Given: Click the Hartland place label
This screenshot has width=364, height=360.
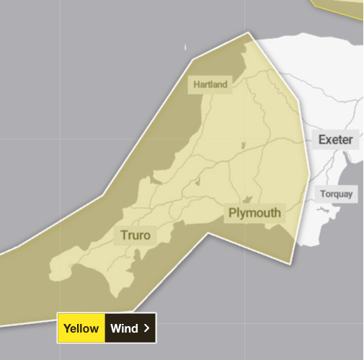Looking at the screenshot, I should point(210,84).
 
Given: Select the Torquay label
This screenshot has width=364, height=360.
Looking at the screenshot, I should point(337,194).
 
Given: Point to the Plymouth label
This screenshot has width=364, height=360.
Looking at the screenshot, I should point(254,213).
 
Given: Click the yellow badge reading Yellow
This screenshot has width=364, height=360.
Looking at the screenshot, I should point(81,328).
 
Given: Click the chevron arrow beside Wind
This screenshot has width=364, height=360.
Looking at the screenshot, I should point(146,328).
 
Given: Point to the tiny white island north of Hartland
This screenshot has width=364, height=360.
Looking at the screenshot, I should point(186,48).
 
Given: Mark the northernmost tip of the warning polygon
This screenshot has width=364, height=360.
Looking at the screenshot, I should point(250,32).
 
